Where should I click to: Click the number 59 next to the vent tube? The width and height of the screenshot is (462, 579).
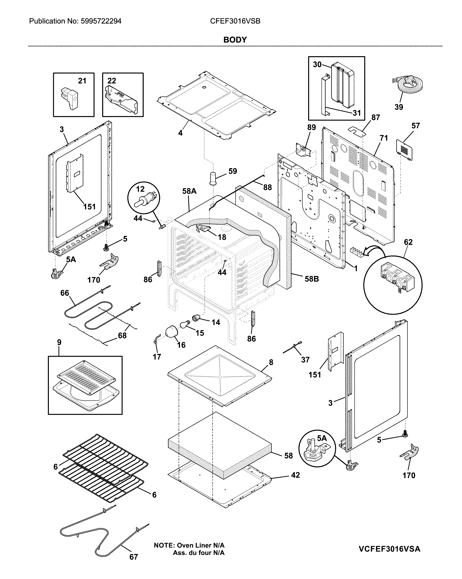point(233,171)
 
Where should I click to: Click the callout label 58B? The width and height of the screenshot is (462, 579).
point(312,279)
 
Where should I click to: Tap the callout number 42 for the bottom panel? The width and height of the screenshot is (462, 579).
point(295,475)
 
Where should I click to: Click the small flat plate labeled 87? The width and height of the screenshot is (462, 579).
point(357,131)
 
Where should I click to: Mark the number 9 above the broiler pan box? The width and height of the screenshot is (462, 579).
point(59,342)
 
